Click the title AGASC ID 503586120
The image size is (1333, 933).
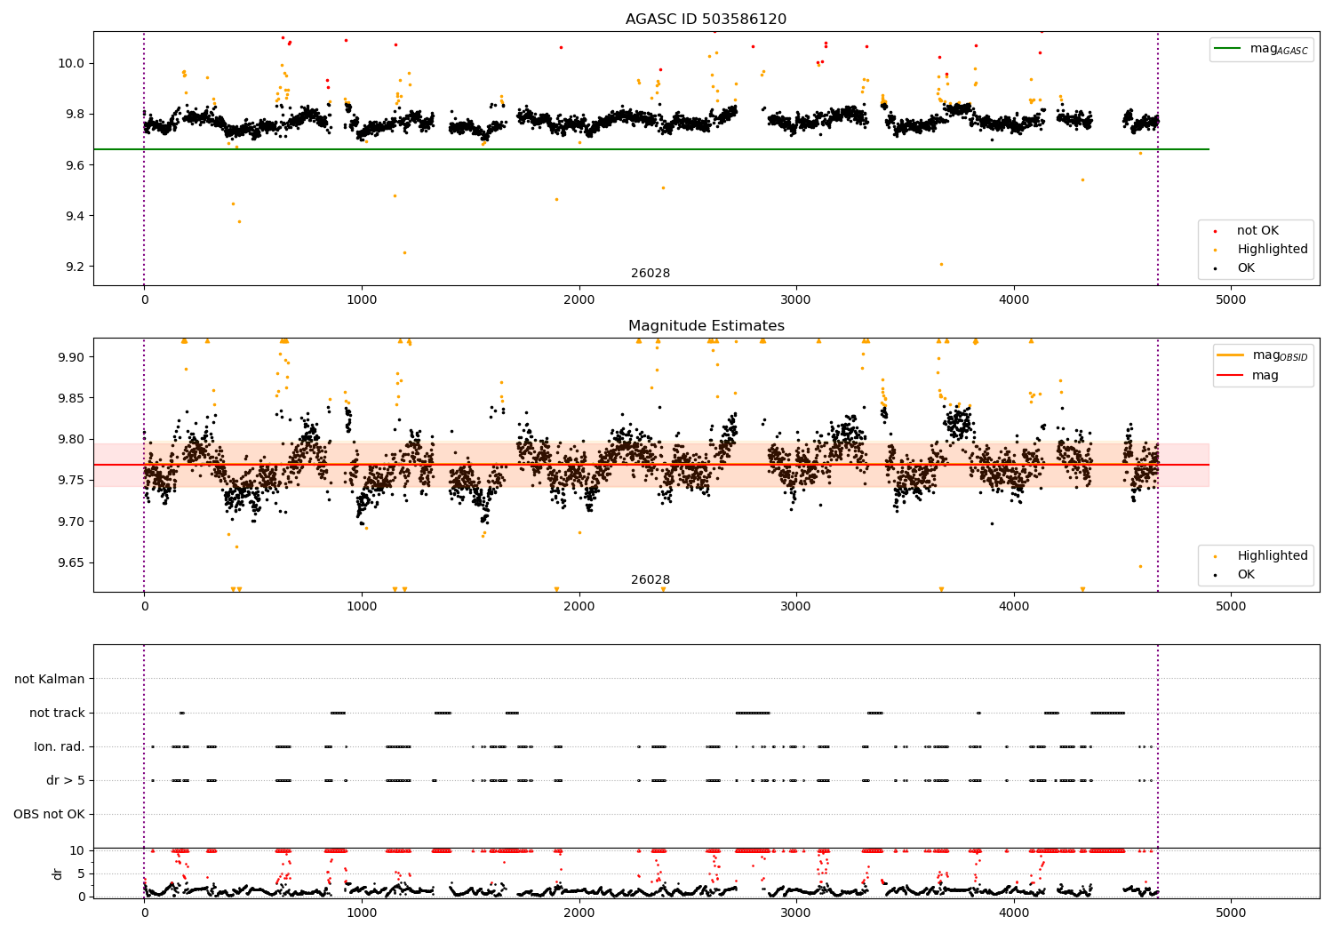(x=706, y=20)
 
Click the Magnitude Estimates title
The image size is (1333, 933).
(x=706, y=326)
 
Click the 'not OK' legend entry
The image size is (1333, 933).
(x=1257, y=231)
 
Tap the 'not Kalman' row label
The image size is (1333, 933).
(x=50, y=679)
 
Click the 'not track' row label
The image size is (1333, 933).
(x=57, y=713)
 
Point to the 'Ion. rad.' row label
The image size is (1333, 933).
(x=60, y=746)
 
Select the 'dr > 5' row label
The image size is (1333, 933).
(x=66, y=780)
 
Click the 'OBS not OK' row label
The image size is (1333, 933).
(x=49, y=814)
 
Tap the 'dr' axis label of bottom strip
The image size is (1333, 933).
(x=58, y=873)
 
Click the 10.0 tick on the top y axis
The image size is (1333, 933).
(x=71, y=63)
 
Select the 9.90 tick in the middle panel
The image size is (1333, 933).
(x=71, y=357)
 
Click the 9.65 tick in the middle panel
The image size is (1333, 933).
(x=71, y=562)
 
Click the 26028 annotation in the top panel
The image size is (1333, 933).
(x=651, y=274)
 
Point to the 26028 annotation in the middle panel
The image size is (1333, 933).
(x=651, y=580)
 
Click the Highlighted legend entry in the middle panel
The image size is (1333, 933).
(x=1272, y=556)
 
